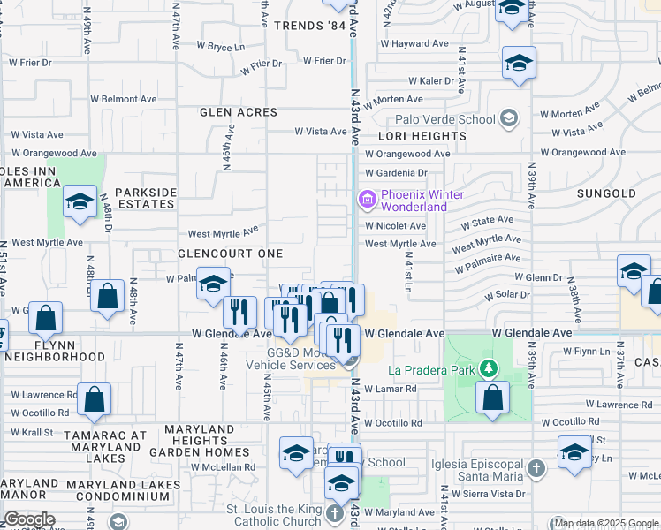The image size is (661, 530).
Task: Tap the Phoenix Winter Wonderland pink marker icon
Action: [367, 201]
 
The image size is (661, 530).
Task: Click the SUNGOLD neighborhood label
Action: [605, 193]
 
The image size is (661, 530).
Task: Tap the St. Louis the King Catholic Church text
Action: [274, 515]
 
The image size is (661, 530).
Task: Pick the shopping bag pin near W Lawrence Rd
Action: [94, 398]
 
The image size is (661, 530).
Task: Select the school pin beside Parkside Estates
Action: [80, 201]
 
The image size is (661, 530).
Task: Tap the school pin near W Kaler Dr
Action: [519, 63]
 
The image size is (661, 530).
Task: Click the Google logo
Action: [29, 519]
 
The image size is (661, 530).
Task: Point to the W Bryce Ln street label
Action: [220, 46]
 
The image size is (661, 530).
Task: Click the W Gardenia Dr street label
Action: [396, 173]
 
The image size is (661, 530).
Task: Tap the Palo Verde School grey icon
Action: [508, 117]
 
